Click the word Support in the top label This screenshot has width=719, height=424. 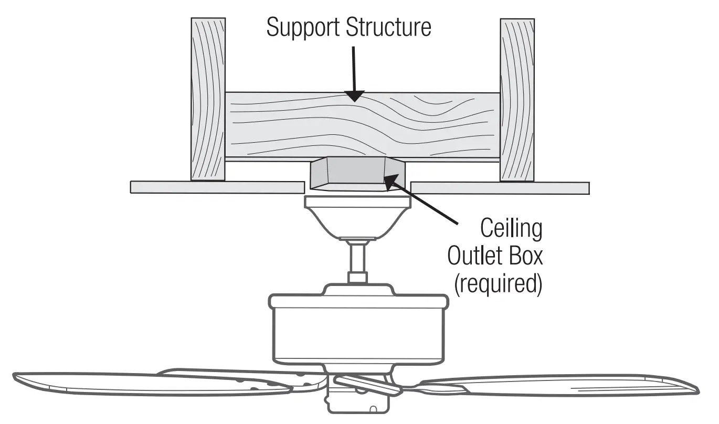coord(303,27)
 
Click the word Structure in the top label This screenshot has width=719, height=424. coord(388,27)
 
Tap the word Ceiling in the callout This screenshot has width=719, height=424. coord(511,229)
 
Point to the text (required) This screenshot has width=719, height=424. coord(497,284)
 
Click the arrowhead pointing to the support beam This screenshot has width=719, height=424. coord(355,96)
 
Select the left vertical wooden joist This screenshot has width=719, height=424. coord(208,100)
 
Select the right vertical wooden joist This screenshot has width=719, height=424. coord(517,100)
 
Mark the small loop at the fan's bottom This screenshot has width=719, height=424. coord(372,409)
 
